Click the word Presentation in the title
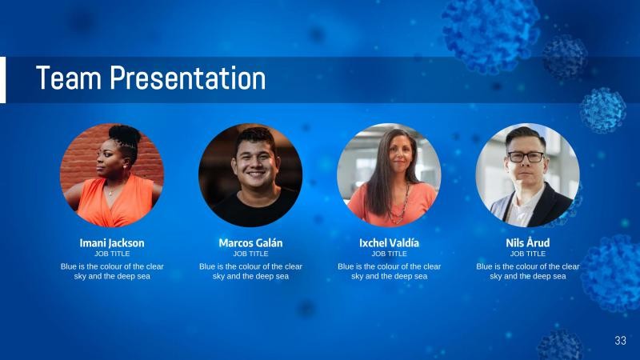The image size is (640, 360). click(x=187, y=78)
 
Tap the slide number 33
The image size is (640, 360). click(x=620, y=341)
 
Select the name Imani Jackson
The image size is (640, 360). click(x=112, y=242)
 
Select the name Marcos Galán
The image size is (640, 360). click(x=250, y=242)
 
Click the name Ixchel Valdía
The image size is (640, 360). click(x=389, y=242)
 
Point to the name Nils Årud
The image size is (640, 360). click(x=527, y=242)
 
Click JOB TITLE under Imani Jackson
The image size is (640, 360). click(x=112, y=254)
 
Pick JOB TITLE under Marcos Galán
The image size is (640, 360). click(x=250, y=254)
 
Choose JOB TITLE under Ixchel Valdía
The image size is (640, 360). click(x=389, y=254)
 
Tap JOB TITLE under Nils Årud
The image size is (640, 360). click(x=527, y=254)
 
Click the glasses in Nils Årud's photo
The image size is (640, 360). click(x=526, y=157)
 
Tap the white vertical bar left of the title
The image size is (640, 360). click(x=2, y=79)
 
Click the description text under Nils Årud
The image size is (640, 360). click(x=527, y=271)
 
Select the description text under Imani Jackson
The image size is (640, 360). click(x=112, y=271)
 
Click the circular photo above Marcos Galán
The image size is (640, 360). click(x=250, y=175)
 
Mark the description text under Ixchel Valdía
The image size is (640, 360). click(x=389, y=271)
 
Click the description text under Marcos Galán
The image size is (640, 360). click(x=250, y=271)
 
